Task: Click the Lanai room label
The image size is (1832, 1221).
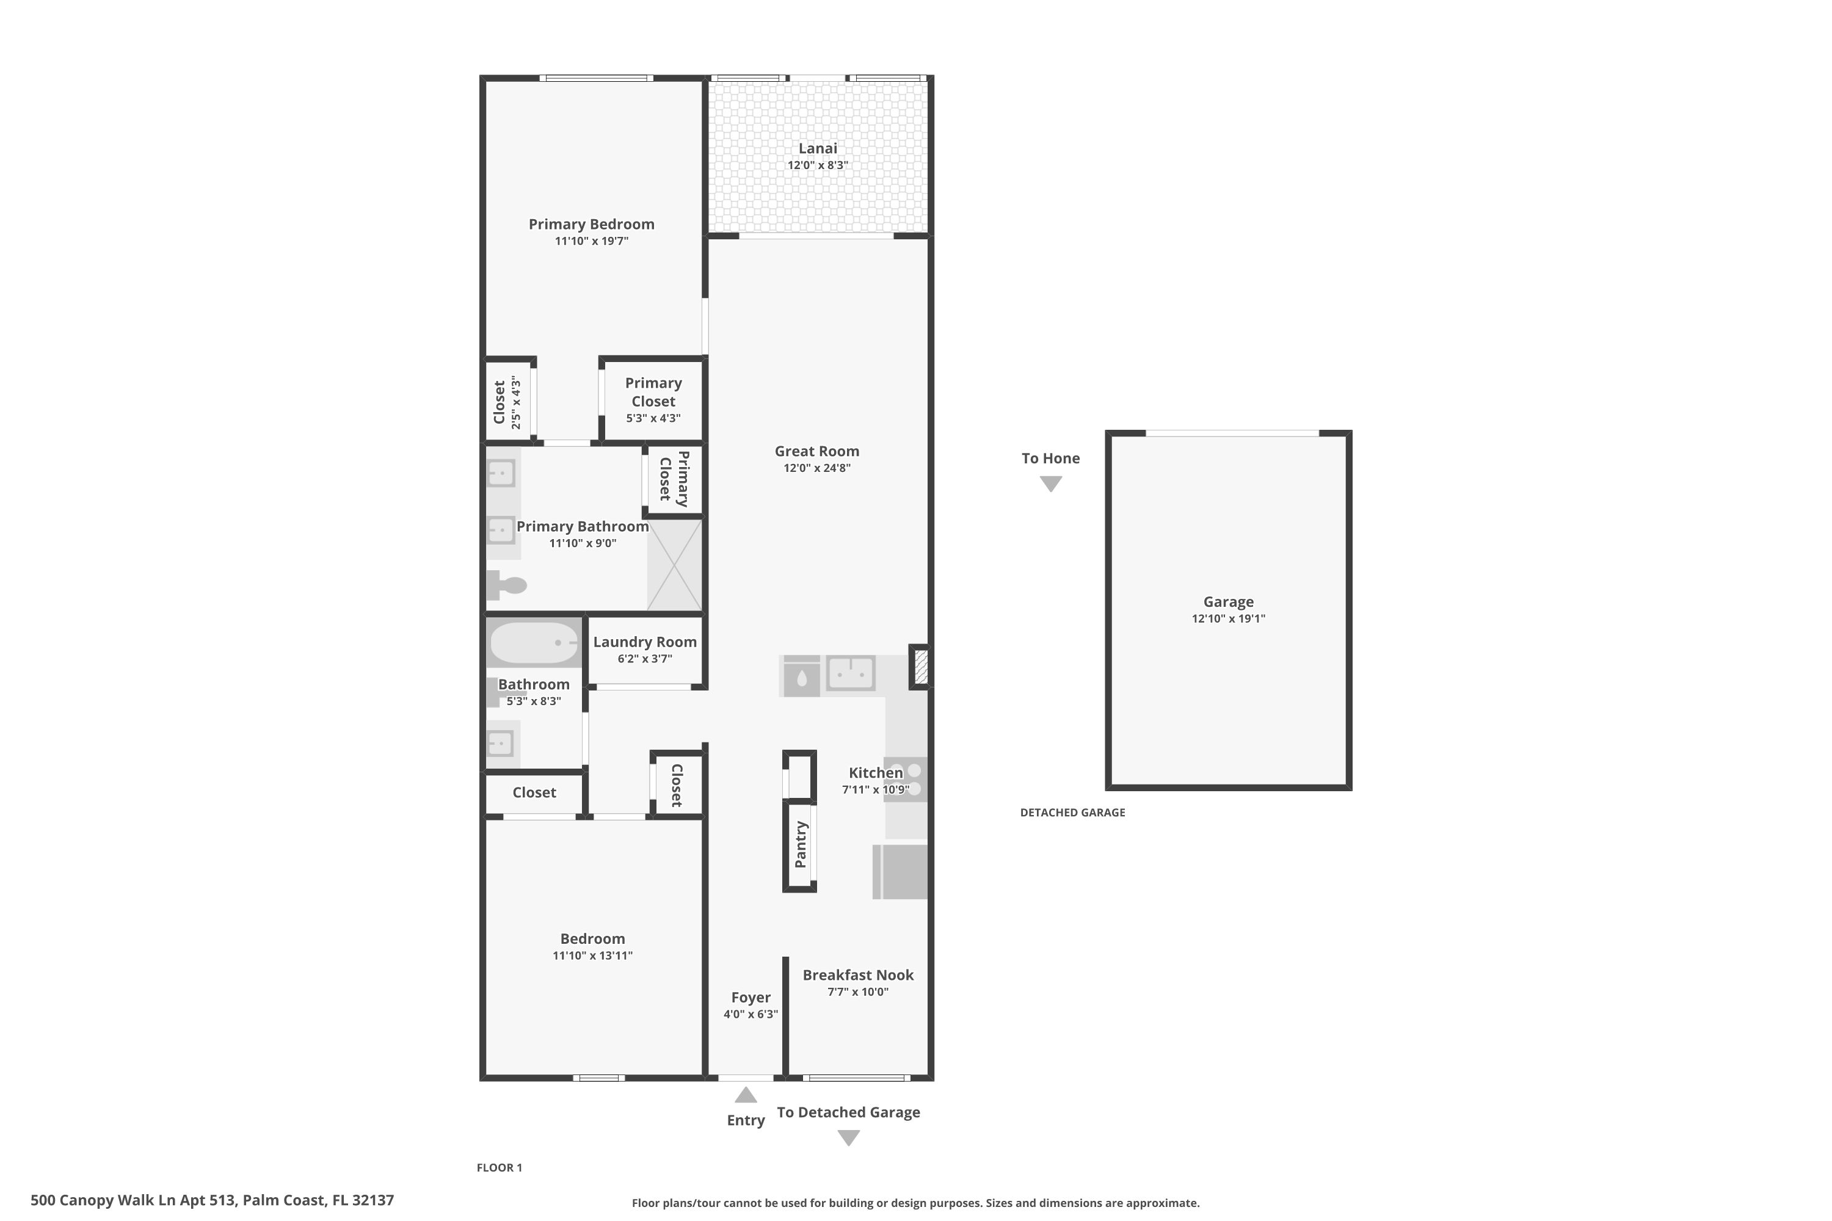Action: click(x=817, y=148)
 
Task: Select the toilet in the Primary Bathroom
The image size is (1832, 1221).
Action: click(x=506, y=585)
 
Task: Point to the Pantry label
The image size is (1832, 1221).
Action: click(x=800, y=844)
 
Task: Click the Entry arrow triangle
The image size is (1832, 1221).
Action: click(x=746, y=1096)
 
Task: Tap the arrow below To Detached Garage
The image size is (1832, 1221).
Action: click(x=848, y=1138)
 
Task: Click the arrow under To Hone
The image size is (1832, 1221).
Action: click(x=1051, y=484)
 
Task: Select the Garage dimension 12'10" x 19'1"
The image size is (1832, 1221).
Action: click(x=1228, y=619)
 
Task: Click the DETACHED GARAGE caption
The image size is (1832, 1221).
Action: click(x=1072, y=812)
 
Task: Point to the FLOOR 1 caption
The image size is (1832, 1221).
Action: click(x=500, y=1167)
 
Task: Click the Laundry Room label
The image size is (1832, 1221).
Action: click(x=645, y=642)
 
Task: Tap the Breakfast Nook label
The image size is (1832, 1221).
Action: click(x=857, y=975)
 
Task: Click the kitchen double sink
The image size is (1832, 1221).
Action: click(x=851, y=673)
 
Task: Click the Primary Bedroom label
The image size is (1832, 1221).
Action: click(x=591, y=224)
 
